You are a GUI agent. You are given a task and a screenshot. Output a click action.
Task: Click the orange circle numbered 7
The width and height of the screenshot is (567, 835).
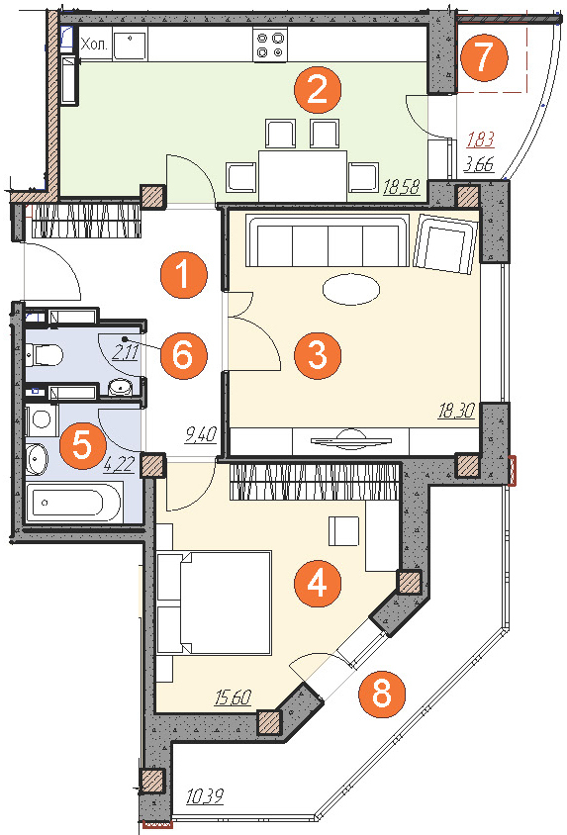pyautogui.click(x=484, y=56)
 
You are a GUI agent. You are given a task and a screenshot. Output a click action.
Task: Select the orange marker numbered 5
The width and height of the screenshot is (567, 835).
pyautogui.click(x=82, y=445)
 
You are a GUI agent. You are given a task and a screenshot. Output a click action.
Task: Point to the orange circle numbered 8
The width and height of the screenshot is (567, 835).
pyautogui.click(x=382, y=695)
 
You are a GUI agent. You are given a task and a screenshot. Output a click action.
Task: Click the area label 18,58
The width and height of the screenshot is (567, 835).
pyautogui.click(x=402, y=187)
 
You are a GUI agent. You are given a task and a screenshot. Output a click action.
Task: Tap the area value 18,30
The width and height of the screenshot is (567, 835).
pyautogui.click(x=456, y=411)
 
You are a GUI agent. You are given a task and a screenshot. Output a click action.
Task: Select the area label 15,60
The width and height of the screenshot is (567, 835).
pyautogui.click(x=233, y=697)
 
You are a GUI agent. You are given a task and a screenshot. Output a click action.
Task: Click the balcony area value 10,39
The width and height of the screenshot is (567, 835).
pyautogui.click(x=205, y=796)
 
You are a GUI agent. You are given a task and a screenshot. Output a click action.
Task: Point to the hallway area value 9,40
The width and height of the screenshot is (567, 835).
pyautogui.click(x=201, y=435)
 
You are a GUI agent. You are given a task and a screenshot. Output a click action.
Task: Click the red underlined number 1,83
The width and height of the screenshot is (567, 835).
pyautogui.click(x=481, y=139)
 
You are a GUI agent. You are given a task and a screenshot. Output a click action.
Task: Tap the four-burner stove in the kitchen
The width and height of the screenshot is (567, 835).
pyautogui.click(x=270, y=45)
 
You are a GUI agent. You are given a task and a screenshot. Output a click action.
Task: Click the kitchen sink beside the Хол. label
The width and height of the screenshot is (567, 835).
pyautogui.click(x=130, y=45)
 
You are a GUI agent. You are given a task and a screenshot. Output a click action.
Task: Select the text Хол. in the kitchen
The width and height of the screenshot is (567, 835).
pyautogui.click(x=94, y=45)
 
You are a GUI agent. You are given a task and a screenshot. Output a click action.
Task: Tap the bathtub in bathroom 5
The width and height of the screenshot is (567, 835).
pyautogui.click(x=74, y=503)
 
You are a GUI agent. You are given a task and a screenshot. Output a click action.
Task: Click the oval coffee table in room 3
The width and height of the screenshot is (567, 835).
pyautogui.click(x=351, y=290)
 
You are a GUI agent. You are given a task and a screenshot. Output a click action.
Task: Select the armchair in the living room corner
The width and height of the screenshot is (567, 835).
pyautogui.click(x=445, y=244)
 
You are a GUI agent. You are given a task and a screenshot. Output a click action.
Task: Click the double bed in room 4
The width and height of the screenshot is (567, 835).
pyautogui.click(x=215, y=603)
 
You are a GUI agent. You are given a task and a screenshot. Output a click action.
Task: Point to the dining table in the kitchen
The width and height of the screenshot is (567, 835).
pyautogui.click(x=303, y=175)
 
